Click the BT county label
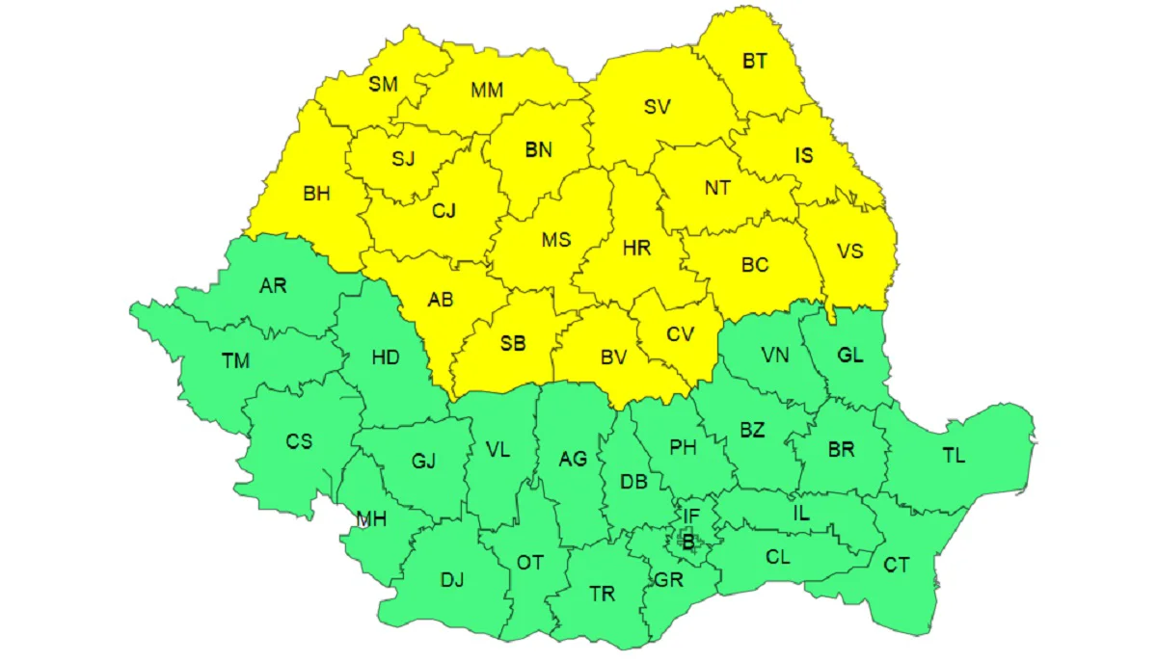pyautogui.click(x=755, y=61)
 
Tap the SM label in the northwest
pyautogui.click(x=383, y=84)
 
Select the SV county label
pyautogui.click(x=657, y=107)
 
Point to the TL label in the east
pyautogui.click(x=954, y=456)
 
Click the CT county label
pyautogui.click(x=897, y=566)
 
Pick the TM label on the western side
pyautogui.click(x=235, y=361)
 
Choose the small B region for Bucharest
pyautogui.click(x=687, y=543)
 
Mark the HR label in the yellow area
pyautogui.click(x=636, y=248)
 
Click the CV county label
pyautogui.click(x=680, y=334)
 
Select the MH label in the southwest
pyautogui.click(x=371, y=520)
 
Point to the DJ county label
pyautogui.click(x=452, y=580)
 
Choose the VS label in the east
pyautogui.click(x=849, y=252)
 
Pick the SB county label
pyautogui.click(x=513, y=342)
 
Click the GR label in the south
pyautogui.click(x=668, y=580)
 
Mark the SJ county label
pyautogui.click(x=403, y=159)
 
